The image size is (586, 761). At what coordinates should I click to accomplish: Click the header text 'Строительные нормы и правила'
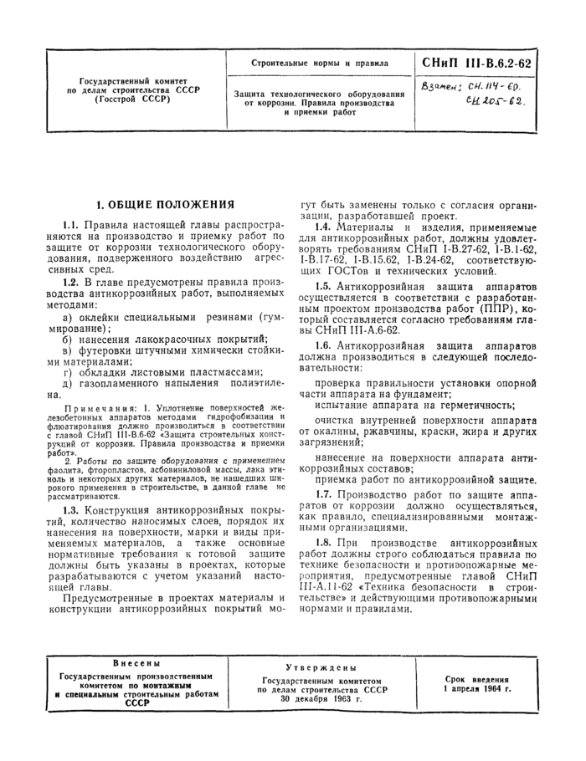tap(321, 63)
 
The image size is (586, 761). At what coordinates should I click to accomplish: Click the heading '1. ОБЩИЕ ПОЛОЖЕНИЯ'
tap(165, 204)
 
